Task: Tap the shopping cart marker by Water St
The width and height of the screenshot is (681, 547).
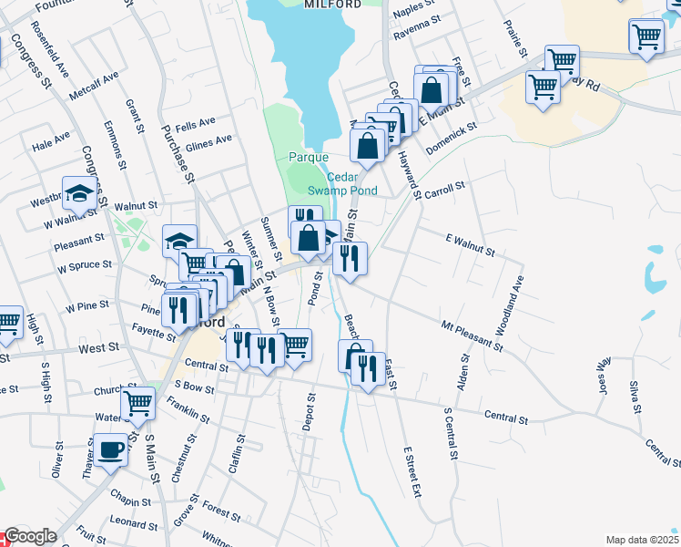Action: [x=137, y=401]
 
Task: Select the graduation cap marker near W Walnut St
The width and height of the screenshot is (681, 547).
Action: [x=79, y=193]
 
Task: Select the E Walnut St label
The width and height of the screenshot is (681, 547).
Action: [x=470, y=244]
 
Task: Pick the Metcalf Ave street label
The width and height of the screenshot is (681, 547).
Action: [x=98, y=83]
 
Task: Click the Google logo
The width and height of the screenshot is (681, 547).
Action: [x=30, y=537]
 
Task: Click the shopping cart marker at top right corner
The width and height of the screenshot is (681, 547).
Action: [x=645, y=37]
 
